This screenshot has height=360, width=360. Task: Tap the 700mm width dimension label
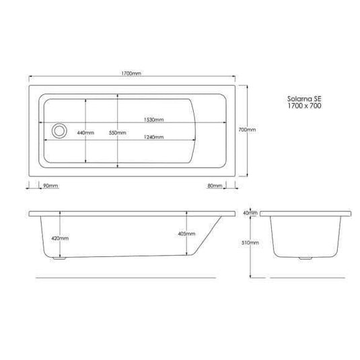click(248, 130)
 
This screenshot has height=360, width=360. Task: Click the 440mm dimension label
click(85, 134)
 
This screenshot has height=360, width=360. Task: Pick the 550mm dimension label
click(117, 134)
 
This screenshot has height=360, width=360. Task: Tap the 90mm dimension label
click(50, 185)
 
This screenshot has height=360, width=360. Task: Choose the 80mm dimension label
click(215, 185)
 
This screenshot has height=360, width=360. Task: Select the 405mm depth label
click(188, 234)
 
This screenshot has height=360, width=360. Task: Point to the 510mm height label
click(250, 243)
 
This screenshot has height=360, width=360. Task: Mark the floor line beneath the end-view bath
click(306, 277)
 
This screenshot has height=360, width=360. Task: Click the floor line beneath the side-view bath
click(124, 277)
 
